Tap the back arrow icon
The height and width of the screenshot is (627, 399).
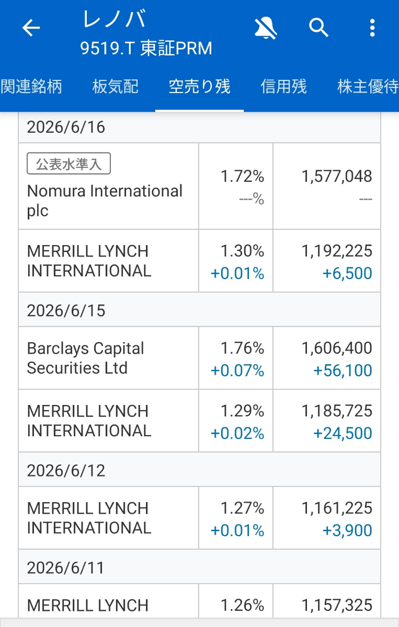pyautogui.click(x=31, y=28)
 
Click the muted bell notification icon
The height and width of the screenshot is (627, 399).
pyautogui.click(x=266, y=28)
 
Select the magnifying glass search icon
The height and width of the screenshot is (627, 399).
pyautogui.click(x=318, y=28)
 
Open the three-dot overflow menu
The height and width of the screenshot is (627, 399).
pyautogui.click(x=372, y=28)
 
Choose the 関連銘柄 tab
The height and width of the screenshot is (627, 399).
pyautogui.click(x=31, y=86)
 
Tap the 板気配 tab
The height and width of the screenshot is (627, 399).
pyautogui.click(x=115, y=86)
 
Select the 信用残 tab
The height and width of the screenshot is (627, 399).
pyautogui.click(x=283, y=86)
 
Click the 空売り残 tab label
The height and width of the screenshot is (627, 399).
pyautogui.click(x=200, y=86)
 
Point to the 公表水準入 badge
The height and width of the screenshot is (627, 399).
pyautogui.click(x=69, y=164)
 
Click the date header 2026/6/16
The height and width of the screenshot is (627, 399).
pyautogui.click(x=66, y=127)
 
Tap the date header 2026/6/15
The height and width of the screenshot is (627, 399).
pyautogui.click(x=66, y=310)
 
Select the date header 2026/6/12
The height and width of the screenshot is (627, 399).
pyautogui.click(x=66, y=470)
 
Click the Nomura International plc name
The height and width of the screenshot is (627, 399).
pyautogui.click(x=105, y=201)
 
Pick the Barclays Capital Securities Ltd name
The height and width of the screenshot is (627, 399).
pyautogui.click(x=85, y=358)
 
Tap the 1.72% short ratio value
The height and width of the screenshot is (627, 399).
pyautogui.click(x=242, y=177)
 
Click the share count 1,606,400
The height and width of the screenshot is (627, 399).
pyautogui.click(x=337, y=348)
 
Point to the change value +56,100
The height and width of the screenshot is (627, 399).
pyautogui.click(x=343, y=370)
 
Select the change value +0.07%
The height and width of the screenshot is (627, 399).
pyautogui.click(x=237, y=370)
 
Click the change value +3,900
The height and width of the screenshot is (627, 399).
pyautogui.click(x=347, y=530)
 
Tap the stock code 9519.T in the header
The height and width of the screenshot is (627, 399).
pyautogui.click(x=108, y=48)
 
